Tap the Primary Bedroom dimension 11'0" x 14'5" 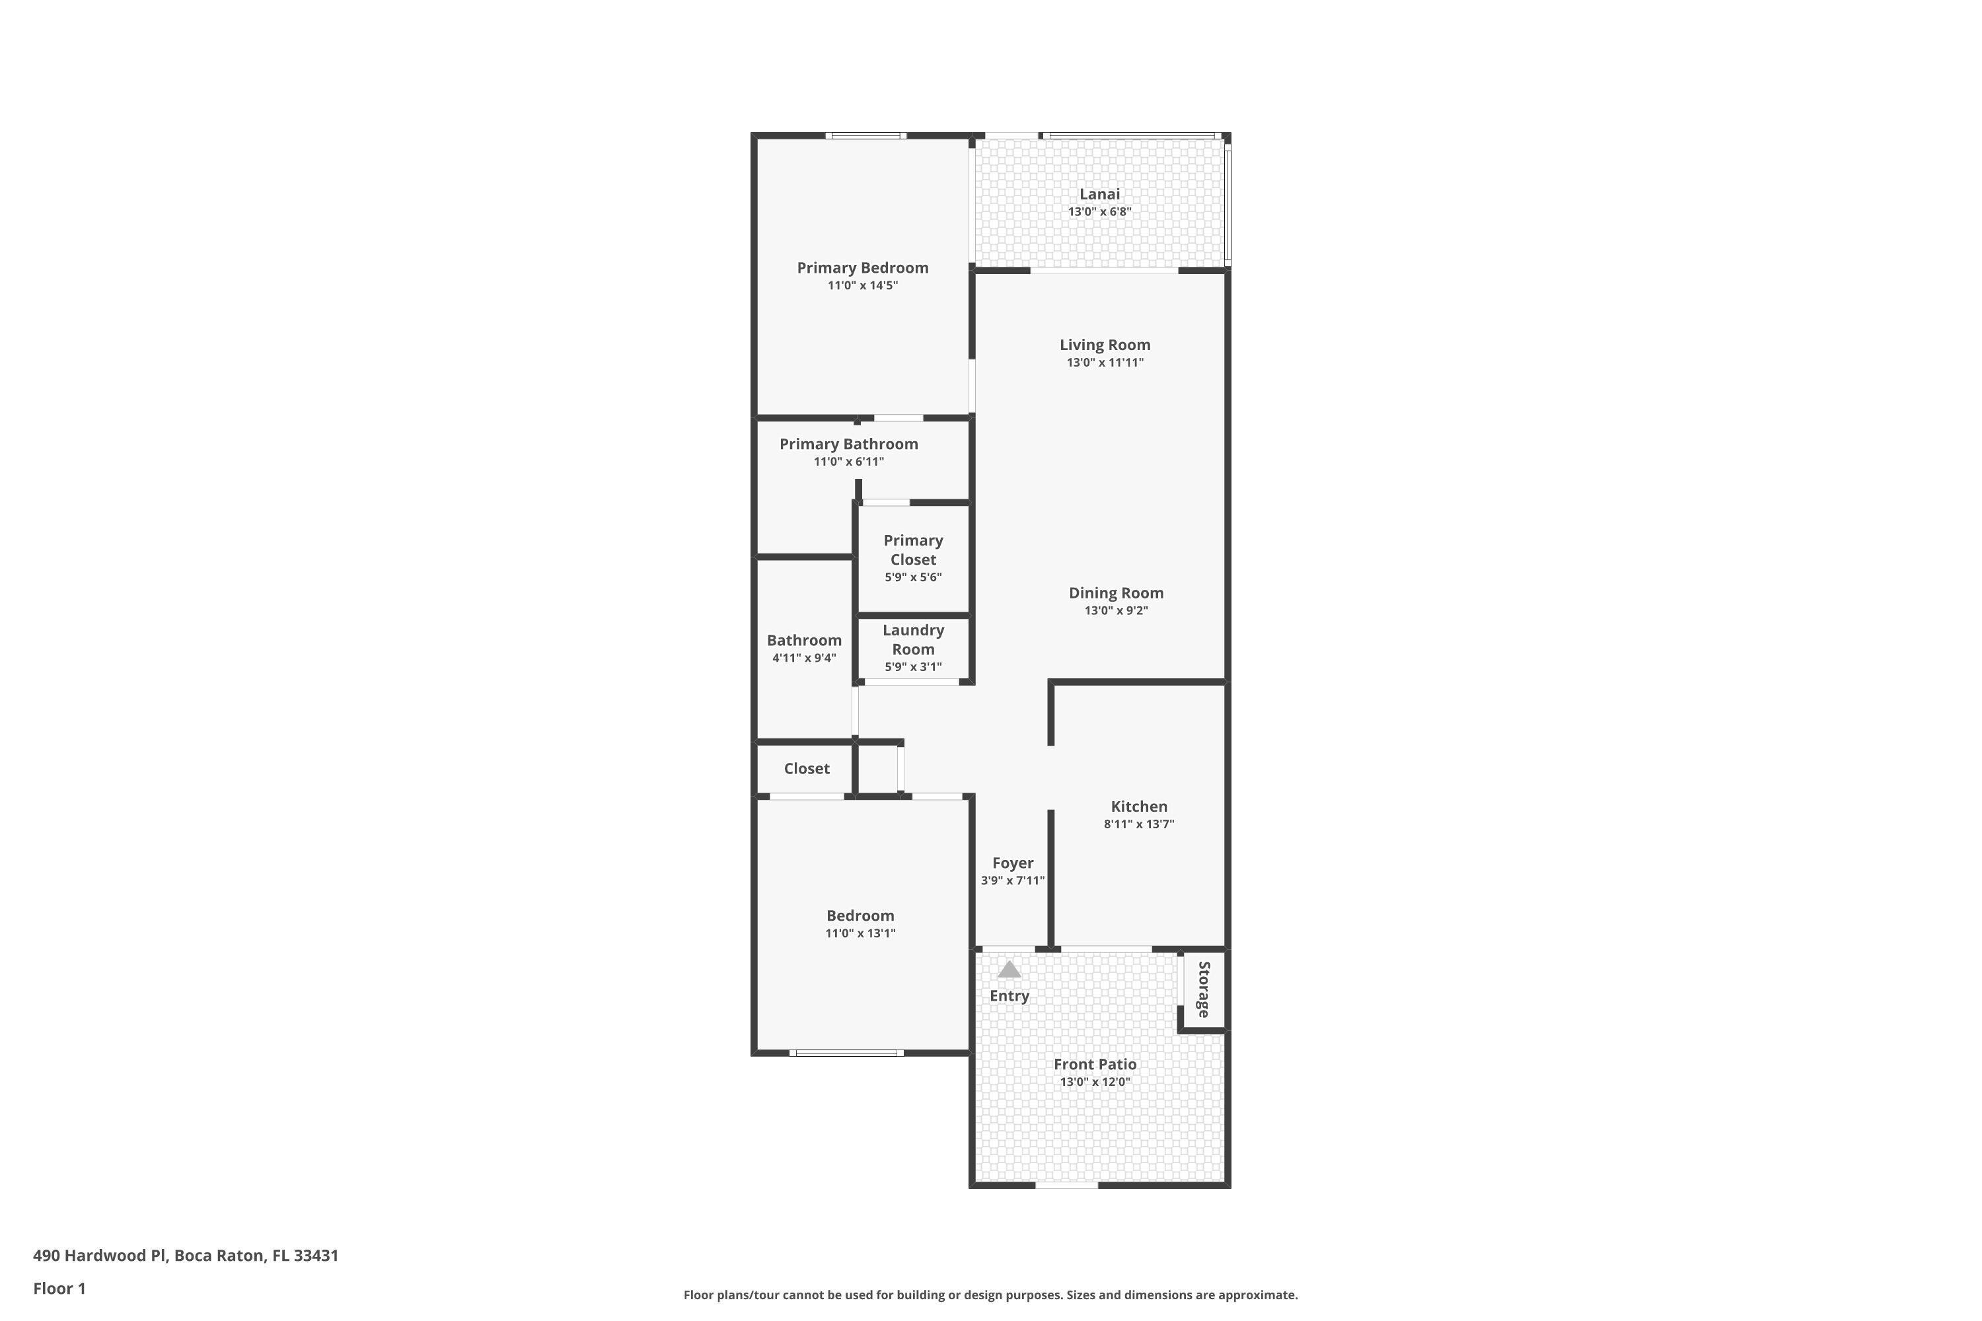pyautogui.click(x=862, y=285)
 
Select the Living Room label pyautogui.click(x=1105, y=345)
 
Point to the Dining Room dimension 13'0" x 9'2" pyautogui.click(x=1116, y=611)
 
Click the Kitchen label pyautogui.click(x=1138, y=806)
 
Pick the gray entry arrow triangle pyautogui.click(x=1009, y=970)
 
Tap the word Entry pyautogui.click(x=1009, y=996)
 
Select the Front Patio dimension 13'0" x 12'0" pyautogui.click(x=1095, y=1082)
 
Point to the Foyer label pyautogui.click(x=1012, y=863)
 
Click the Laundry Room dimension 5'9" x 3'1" pyautogui.click(x=912, y=666)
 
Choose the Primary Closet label pyautogui.click(x=912, y=550)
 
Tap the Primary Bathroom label pyautogui.click(x=848, y=444)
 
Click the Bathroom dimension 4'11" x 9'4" pyautogui.click(x=804, y=658)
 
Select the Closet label pyautogui.click(x=807, y=768)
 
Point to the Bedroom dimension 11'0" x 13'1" pyautogui.click(x=860, y=933)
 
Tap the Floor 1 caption pyautogui.click(x=59, y=1288)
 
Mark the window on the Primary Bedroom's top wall pyautogui.click(x=865, y=135)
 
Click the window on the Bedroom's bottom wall pyautogui.click(x=846, y=1053)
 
